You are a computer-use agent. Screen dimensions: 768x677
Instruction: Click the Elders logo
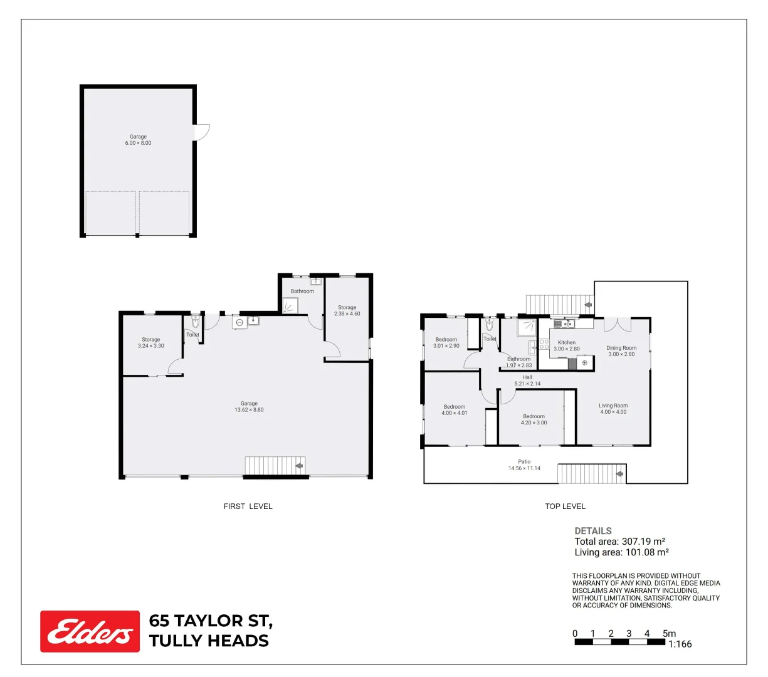click(90, 631)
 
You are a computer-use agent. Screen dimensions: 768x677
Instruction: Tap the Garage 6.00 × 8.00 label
click(138, 140)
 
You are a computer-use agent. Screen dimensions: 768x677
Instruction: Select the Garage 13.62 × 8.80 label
click(249, 406)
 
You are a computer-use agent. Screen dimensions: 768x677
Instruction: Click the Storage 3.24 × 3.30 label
click(151, 343)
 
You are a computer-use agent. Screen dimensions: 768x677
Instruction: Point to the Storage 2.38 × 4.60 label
click(347, 310)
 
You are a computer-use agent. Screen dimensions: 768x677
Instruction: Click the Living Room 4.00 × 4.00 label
click(613, 409)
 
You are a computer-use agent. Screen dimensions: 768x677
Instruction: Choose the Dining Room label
click(621, 348)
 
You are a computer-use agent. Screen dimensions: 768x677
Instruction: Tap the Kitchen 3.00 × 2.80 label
click(566, 345)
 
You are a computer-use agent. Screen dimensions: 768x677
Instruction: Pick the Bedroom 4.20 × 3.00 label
click(534, 419)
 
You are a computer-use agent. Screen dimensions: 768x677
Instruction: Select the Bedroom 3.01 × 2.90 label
click(446, 343)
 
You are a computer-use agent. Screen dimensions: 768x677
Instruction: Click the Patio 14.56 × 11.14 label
click(524, 464)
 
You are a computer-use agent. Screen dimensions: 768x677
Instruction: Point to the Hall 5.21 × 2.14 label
click(527, 380)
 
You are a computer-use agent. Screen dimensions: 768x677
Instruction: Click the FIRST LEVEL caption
click(248, 506)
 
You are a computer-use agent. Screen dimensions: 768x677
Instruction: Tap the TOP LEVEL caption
click(565, 506)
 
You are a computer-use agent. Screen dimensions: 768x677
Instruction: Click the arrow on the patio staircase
click(619, 474)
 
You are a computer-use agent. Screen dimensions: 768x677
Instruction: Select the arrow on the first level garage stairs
click(299, 466)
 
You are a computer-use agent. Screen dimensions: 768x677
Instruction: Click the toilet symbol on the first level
click(195, 322)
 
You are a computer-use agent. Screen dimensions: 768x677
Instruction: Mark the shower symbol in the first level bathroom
click(290, 305)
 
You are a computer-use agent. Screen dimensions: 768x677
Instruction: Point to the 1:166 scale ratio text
click(680, 644)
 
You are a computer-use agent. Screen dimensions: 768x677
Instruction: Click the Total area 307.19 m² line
click(620, 542)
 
